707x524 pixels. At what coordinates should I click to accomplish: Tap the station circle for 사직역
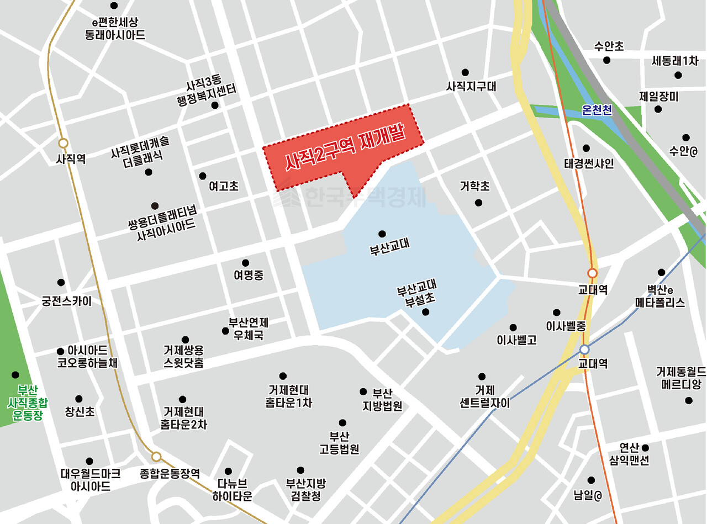(x=63, y=144)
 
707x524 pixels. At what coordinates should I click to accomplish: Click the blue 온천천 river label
(x=597, y=110)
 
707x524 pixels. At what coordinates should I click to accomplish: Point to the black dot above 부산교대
(x=382, y=234)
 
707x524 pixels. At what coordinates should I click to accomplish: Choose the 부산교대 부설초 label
(x=417, y=294)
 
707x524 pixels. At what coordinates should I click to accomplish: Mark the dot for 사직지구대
(x=465, y=72)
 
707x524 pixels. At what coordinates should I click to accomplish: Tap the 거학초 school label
(x=475, y=187)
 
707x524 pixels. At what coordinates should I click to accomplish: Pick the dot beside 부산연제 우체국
(x=225, y=331)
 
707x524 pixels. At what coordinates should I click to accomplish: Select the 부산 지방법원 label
(x=382, y=400)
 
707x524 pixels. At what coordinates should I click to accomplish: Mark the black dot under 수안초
(x=607, y=60)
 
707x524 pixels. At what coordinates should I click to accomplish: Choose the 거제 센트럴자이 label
(x=484, y=397)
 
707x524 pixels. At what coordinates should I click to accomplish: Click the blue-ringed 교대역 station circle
(x=585, y=350)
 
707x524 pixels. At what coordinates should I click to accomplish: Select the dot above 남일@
(x=591, y=480)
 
